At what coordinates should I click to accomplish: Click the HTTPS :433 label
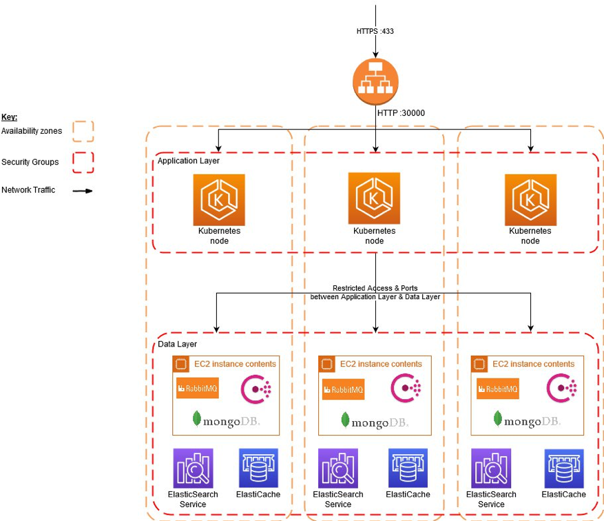pos(375,31)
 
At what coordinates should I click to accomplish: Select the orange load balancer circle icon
pos(375,82)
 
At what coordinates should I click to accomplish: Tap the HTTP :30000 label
pos(402,112)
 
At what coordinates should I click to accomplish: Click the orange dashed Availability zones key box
pos(83,131)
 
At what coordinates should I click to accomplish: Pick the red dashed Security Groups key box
pos(83,162)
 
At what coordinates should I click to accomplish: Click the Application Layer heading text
pos(189,161)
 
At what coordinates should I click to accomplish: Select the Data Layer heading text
pos(177,344)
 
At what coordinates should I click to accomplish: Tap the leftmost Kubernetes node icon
pos(218,199)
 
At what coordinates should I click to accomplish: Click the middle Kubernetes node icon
pos(374,198)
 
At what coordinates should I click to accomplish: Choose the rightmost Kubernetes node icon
pos(530,199)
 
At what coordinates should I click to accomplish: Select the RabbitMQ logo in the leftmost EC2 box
pos(197,388)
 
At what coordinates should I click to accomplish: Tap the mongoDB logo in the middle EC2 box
pos(375,420)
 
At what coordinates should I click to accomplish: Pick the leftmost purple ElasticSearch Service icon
pos(193,468)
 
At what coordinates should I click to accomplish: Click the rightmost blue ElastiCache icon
pos(563,468)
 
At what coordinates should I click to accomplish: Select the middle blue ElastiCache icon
pos(408,468)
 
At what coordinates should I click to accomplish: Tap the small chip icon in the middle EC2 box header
pos(326,364)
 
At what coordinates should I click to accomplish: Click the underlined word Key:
pos(10,117)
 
